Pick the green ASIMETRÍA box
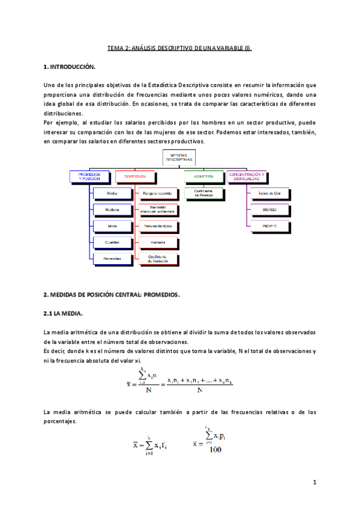click(203, 176)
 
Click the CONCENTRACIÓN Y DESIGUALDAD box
click(247, 176)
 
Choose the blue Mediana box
click(113, 210)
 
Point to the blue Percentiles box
click(113, 258)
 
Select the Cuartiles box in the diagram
click(113, 242)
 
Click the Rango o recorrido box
click(158, 194)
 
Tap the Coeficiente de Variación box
click(158, 258)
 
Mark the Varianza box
click(158, 242)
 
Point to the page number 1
click(314, 482)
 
